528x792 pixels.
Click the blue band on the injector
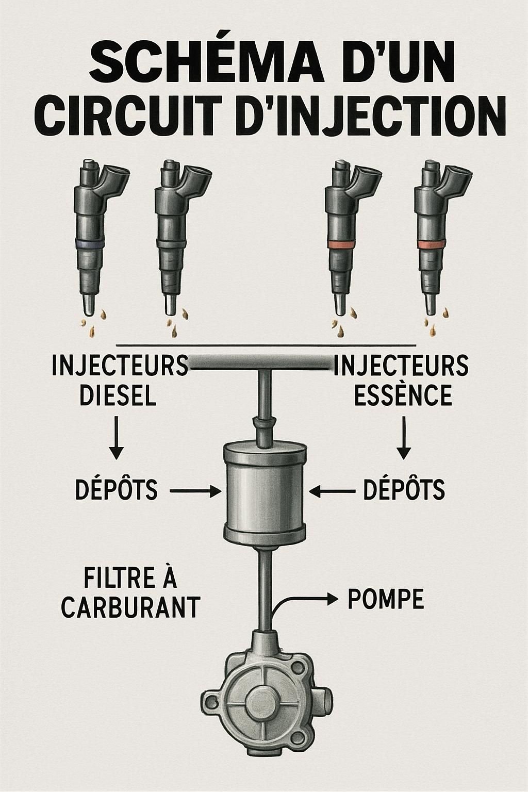point(90,243)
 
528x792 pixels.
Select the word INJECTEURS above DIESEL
point(120,366)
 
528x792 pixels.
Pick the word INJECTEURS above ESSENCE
point(401,366)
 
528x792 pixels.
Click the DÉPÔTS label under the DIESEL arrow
point(117,489)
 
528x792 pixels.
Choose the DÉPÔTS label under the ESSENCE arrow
point(404,489)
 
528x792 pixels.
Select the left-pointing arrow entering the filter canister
point(332,491)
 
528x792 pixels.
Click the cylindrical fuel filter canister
point(265,490)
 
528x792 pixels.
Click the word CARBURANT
point(130,607)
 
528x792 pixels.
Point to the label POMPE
point(386,599)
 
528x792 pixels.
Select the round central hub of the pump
point(265,701)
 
